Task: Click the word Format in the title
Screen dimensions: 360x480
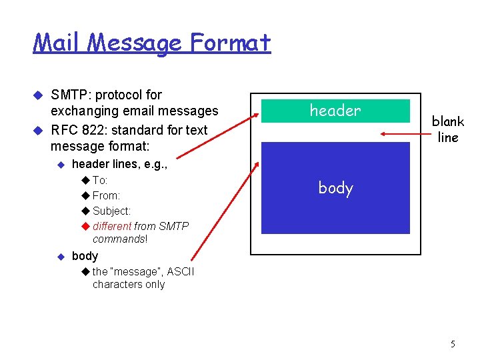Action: [x=230, y=43]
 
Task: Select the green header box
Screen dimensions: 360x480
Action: [x=335, y=111]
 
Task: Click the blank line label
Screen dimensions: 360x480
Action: [x=447, y=129]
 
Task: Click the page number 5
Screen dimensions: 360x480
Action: [x=453, y=344]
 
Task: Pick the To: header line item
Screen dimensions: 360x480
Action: [x=100, y=181]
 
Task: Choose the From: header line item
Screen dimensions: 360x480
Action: [x=106, y=196]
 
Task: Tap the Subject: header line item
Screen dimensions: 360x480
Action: [x=111, y=211]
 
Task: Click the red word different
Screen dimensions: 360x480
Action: [x=112, y=227]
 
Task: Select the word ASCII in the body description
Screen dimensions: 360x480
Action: [x=181, y=271]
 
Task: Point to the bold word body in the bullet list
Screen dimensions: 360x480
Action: [x=85, y=256]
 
